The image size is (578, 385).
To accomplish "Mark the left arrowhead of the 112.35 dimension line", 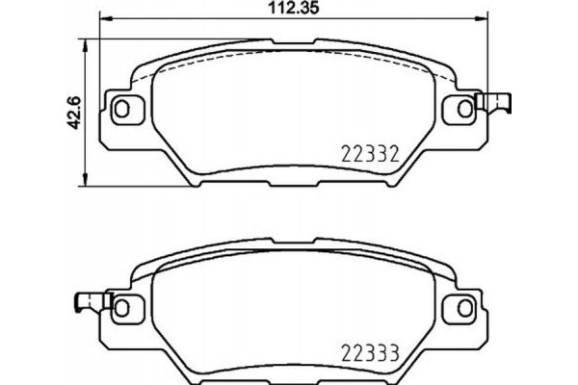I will coord(103,21).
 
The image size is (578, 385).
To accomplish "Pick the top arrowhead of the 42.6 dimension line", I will coord(89,41).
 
